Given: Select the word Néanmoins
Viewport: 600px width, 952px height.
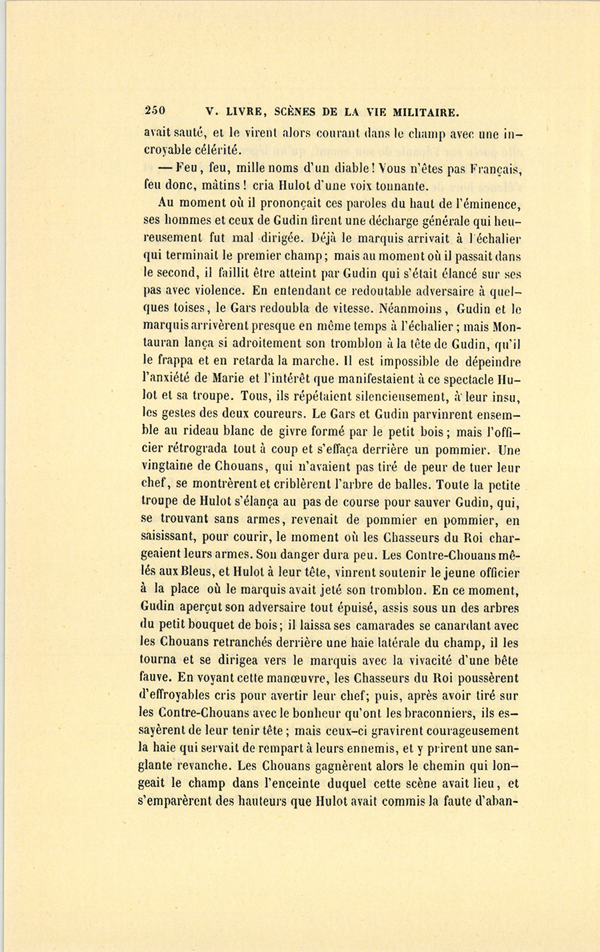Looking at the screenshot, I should click(x=411, y=310).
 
